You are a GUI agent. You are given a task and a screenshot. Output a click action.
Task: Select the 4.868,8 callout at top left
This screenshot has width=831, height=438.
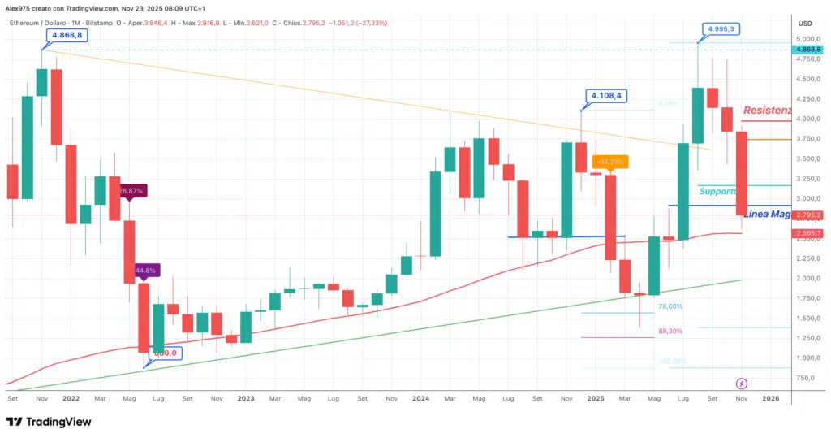(x=67, y=36)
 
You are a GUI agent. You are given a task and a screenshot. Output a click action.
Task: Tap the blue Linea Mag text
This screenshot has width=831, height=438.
(x=768, y=214)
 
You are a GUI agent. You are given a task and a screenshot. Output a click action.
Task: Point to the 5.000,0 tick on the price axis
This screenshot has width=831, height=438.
(x=807, y=39)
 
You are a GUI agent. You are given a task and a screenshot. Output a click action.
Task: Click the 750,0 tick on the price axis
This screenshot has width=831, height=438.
(x=807, y=378)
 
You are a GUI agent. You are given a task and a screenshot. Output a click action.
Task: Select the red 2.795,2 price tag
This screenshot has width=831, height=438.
(x=808, y=215)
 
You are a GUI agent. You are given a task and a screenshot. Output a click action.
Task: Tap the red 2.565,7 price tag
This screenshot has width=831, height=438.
(x=808, y=233)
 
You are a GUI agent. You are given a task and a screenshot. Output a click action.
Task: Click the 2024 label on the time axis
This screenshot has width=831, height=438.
(x=420, y=399)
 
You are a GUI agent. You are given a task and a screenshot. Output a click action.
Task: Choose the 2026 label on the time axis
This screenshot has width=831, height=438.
(x=771, y=399)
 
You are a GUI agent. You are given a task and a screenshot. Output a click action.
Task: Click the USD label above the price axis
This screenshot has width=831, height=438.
(x=805, y=23)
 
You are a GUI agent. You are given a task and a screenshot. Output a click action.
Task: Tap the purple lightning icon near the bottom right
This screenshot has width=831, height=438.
(x=741, y=383)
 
